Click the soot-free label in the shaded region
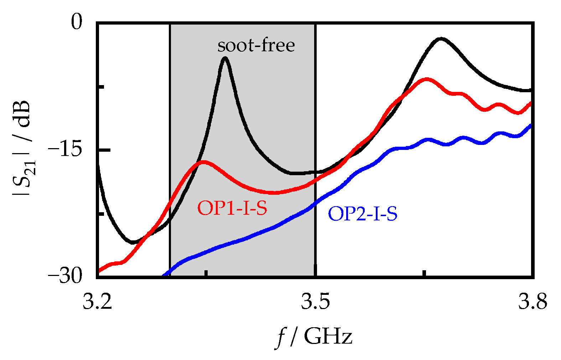pyautogui.click(x=256, y=46)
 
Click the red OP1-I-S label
pyautogui.click(x=232, y=208)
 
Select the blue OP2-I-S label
pyautogui.click(x=363, y=214)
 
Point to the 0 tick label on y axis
pyautogui.click(x=77, y=22)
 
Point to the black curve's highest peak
pyautogui.click(x=441, y=38)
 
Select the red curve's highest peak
pyautogui.click(x=426, y=79)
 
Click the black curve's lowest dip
pyautogui.click(x=133, y=242)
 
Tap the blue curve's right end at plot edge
pyautogui.click(x=531, y=125)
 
